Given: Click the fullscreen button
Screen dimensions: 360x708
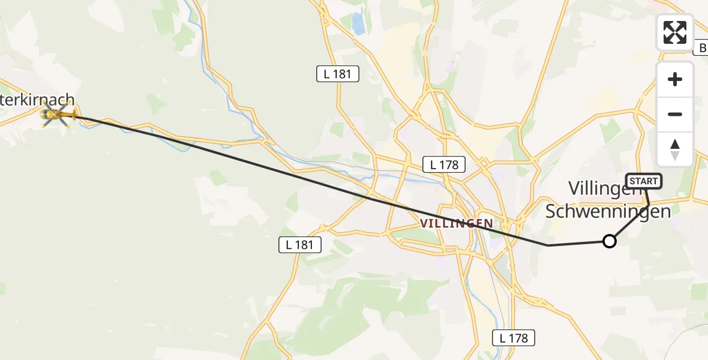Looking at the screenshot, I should tap(675, 32).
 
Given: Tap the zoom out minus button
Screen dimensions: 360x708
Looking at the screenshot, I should tap(675, 114).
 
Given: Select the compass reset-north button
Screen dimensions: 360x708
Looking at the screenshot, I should tap(675, 149).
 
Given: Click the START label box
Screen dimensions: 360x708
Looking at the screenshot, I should tap(644, 181).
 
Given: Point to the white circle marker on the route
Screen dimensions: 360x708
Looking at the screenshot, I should tap(609, 241).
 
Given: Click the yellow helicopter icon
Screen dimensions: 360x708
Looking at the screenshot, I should tap(58, 114).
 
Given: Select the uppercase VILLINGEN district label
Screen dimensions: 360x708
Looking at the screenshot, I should tap(457, 223).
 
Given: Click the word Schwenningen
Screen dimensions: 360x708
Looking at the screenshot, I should tap(607, 211).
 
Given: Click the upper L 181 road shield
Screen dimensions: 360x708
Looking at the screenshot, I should tap(338, 74).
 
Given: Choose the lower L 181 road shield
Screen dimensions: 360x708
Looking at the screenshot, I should tap(300, 244).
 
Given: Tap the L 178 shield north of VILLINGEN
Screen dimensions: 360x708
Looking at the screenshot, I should tap(444, 164).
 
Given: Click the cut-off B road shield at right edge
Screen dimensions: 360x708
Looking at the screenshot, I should tap(701, 48).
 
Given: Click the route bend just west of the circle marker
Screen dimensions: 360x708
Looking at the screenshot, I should tap(548, 245).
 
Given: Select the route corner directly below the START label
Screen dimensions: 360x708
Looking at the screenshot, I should tap(649, 205).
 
